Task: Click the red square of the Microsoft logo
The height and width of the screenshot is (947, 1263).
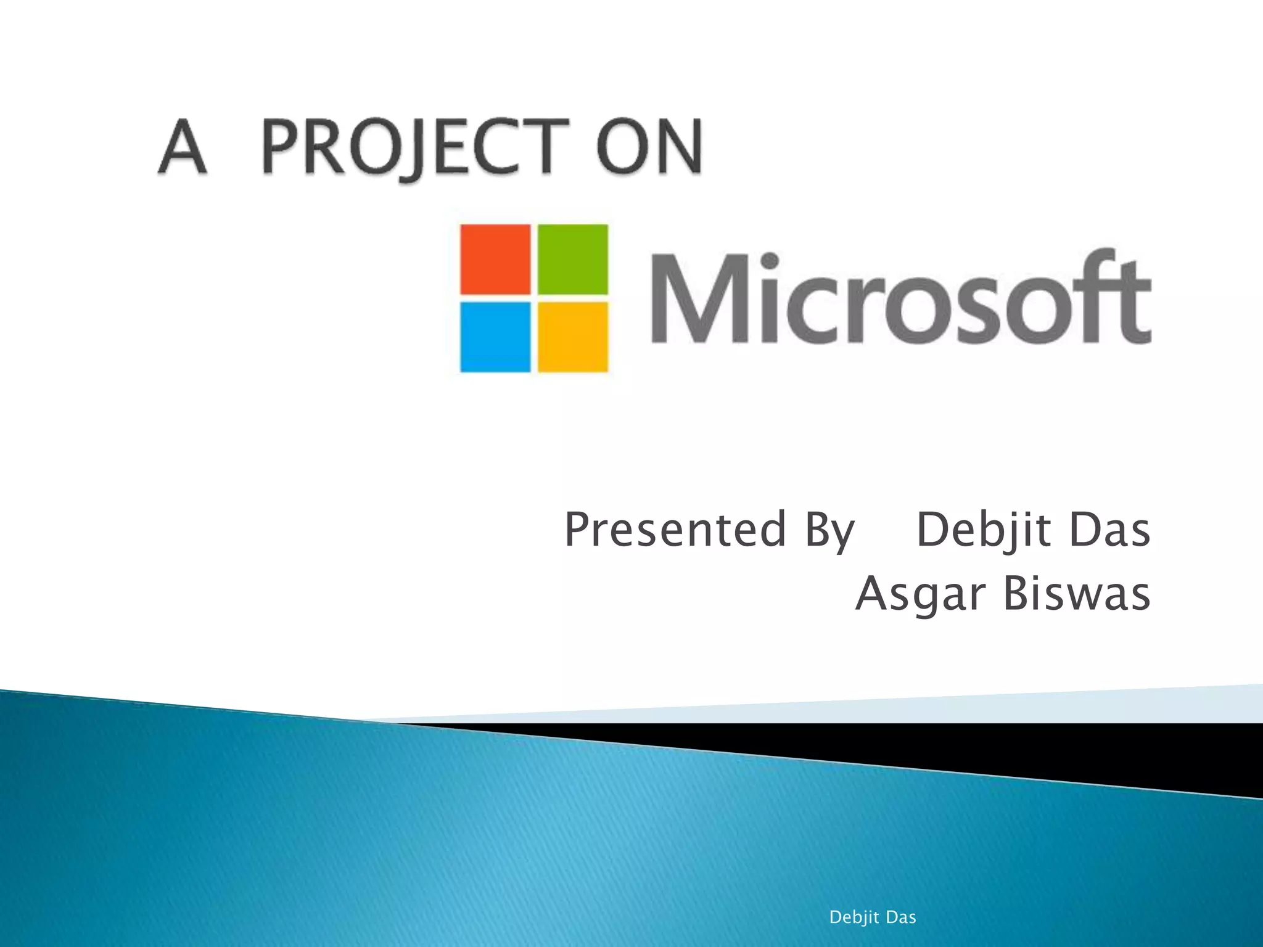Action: (x=495, y=259)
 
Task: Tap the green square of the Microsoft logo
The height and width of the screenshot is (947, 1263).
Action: (x=573, y=259)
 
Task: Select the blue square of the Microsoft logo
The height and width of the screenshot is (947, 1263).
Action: (x=495, y=337)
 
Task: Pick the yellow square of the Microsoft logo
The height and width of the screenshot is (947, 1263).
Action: (x=573, y=337)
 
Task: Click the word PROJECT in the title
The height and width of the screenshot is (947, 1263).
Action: (x=414, y=147)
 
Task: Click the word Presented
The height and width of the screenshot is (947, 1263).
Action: (x=675, y=530)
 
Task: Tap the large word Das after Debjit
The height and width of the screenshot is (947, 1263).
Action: (x=1109, y=530)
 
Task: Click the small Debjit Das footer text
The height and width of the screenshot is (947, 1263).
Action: (x=872, y=917)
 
